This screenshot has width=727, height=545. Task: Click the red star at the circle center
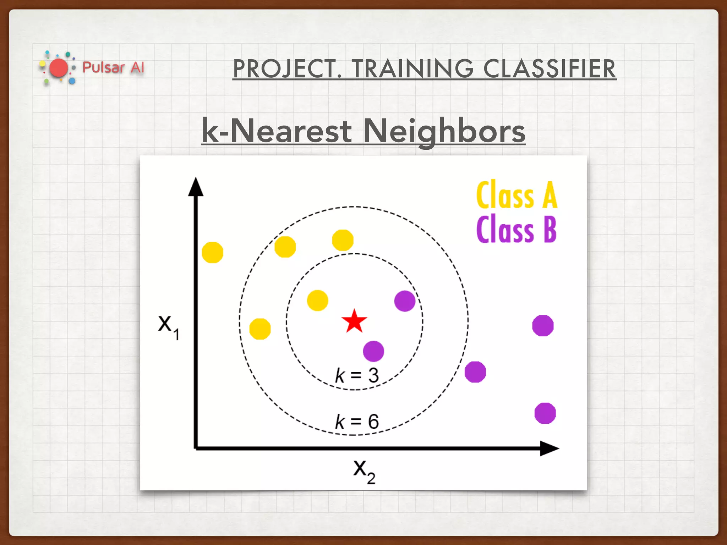(x=354, y=321)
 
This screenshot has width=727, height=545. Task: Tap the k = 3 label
(x=357, y=375)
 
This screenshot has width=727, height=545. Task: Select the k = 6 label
(x=357, y=422)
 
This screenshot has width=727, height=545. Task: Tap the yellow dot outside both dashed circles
(x=212, y=253)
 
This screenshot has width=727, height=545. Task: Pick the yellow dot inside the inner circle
(x=317, y=301)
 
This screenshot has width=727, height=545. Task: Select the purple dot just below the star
(x=373, y=351)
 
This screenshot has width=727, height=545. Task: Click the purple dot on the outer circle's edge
(x=475, y=372)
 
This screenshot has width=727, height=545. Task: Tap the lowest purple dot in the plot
(x=545, y=413)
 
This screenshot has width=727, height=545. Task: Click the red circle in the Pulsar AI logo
(x=59, y=68)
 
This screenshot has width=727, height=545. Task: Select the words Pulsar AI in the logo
(x=113, y=67)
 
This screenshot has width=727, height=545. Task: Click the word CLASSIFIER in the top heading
(x=550, y=69)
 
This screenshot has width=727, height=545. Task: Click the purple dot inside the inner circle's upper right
(x=405, y=301)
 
